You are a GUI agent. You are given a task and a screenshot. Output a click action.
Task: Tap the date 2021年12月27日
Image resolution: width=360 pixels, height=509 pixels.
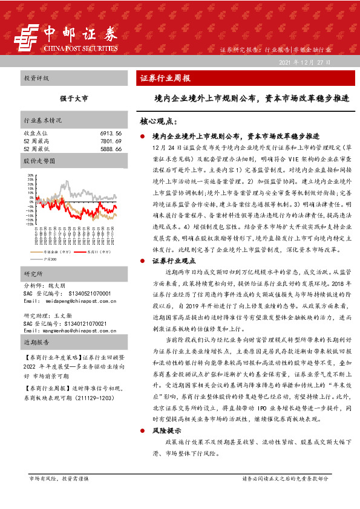306,62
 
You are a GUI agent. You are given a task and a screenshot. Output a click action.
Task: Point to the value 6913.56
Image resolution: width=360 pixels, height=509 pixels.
111,132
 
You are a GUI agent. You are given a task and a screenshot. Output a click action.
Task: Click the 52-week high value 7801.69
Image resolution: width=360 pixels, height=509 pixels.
111,140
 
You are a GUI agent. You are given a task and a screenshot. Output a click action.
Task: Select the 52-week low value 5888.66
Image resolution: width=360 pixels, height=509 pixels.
111,148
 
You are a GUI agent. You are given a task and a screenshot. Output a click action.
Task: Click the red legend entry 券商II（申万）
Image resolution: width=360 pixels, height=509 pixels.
97,251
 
